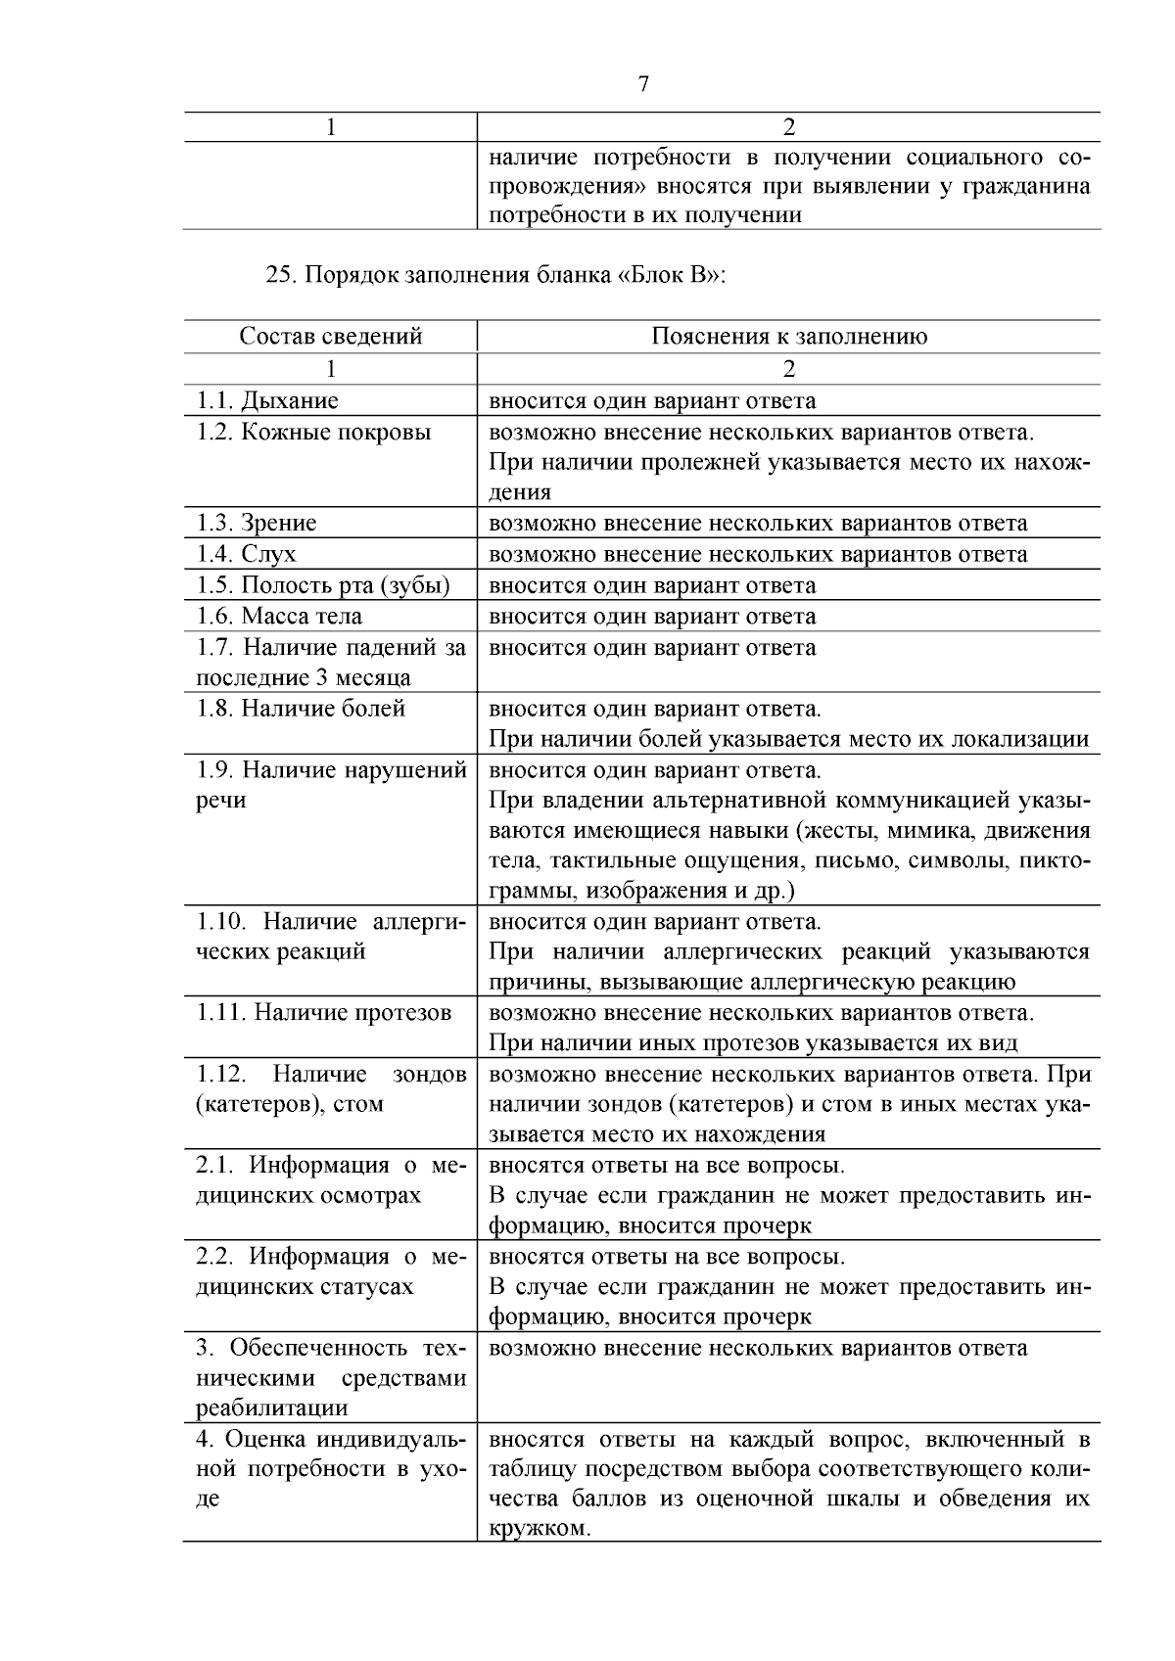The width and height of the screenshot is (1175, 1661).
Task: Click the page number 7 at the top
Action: (x=643, y=84)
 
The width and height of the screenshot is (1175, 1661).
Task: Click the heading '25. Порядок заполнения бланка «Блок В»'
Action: (x=495, y=275)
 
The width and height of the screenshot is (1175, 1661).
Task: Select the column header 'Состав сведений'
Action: (x=331, y=337)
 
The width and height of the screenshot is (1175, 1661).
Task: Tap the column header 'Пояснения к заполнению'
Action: (x=789, y=337)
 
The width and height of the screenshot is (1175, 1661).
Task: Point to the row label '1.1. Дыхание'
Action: (x=267, y=400)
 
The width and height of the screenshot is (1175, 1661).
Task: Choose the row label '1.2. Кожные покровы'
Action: (x=313, y=433)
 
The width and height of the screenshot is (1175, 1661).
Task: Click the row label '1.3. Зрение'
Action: (x=257, y=523)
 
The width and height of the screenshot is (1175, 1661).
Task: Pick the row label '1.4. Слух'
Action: (x=246, y=554)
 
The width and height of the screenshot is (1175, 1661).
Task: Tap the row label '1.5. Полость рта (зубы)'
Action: (x=323, y=585)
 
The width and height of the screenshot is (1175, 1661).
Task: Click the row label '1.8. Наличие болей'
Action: (x=301, y=709)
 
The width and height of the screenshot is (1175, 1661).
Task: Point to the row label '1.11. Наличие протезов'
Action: (x=324, y=1013)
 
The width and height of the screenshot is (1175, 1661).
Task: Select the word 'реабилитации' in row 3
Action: (x=272, y=1408)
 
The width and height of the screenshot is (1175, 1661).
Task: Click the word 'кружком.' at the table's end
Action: (x=540, y=1529)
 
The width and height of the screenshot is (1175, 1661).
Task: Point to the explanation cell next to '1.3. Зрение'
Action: (x=758, y=523)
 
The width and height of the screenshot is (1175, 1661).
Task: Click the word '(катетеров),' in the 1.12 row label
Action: (x=257, y=1104)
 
